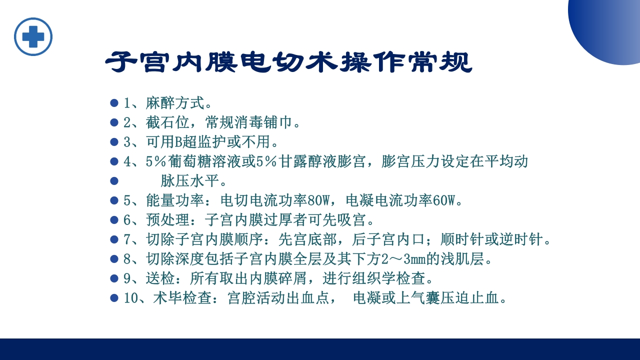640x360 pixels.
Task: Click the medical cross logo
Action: tap(33, 36)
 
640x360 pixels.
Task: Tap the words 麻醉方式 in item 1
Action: tap(175, 103)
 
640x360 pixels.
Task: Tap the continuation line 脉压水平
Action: tap(189, 181)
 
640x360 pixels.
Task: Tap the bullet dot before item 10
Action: tap(114, 298)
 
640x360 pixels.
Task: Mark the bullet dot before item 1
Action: tap(114, 103)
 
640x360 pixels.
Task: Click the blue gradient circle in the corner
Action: tap(610, 25)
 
